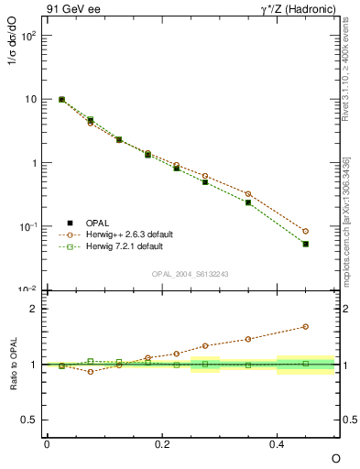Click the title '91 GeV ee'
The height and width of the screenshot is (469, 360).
click(x=71, y=9)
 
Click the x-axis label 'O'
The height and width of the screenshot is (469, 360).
click(x=335, y=457)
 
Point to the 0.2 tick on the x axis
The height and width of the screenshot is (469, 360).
click(x=162, y=443)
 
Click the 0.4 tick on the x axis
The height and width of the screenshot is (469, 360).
click(x=278, y=443)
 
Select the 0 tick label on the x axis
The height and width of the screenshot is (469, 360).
click(x=47, y=443)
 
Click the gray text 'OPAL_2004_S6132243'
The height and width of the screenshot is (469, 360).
click(x=191, y=274)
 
